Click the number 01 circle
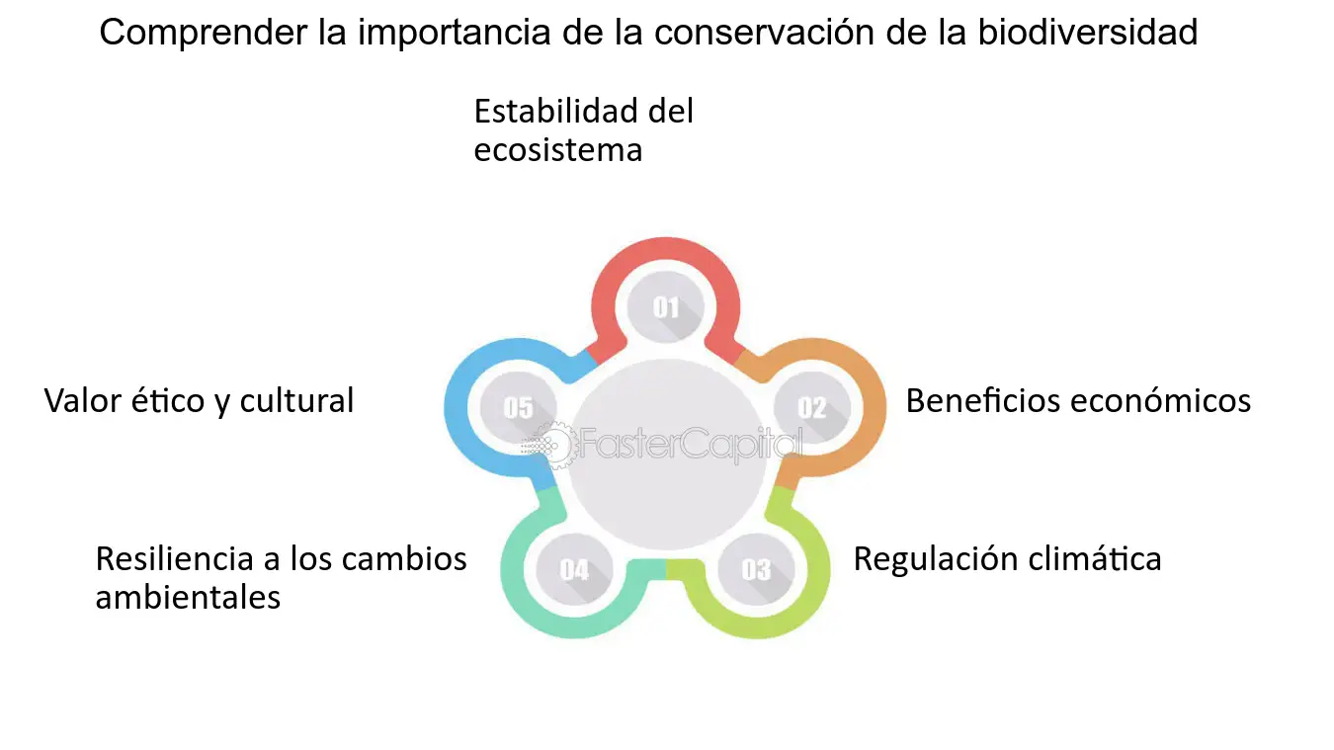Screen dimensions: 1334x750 666,306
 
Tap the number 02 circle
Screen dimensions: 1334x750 812,407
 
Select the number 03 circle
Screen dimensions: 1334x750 756,569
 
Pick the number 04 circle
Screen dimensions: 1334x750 575,569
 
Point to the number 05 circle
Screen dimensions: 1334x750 518,407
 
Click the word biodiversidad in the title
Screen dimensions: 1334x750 1087,33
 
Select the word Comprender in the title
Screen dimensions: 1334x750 203,34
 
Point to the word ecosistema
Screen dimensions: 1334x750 558,150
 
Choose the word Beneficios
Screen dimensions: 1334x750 982,400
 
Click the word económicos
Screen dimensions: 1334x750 1160,400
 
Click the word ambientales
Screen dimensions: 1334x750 188,598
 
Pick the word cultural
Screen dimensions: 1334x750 296,400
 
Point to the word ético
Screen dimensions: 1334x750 167,400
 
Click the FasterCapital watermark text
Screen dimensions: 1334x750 691,445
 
